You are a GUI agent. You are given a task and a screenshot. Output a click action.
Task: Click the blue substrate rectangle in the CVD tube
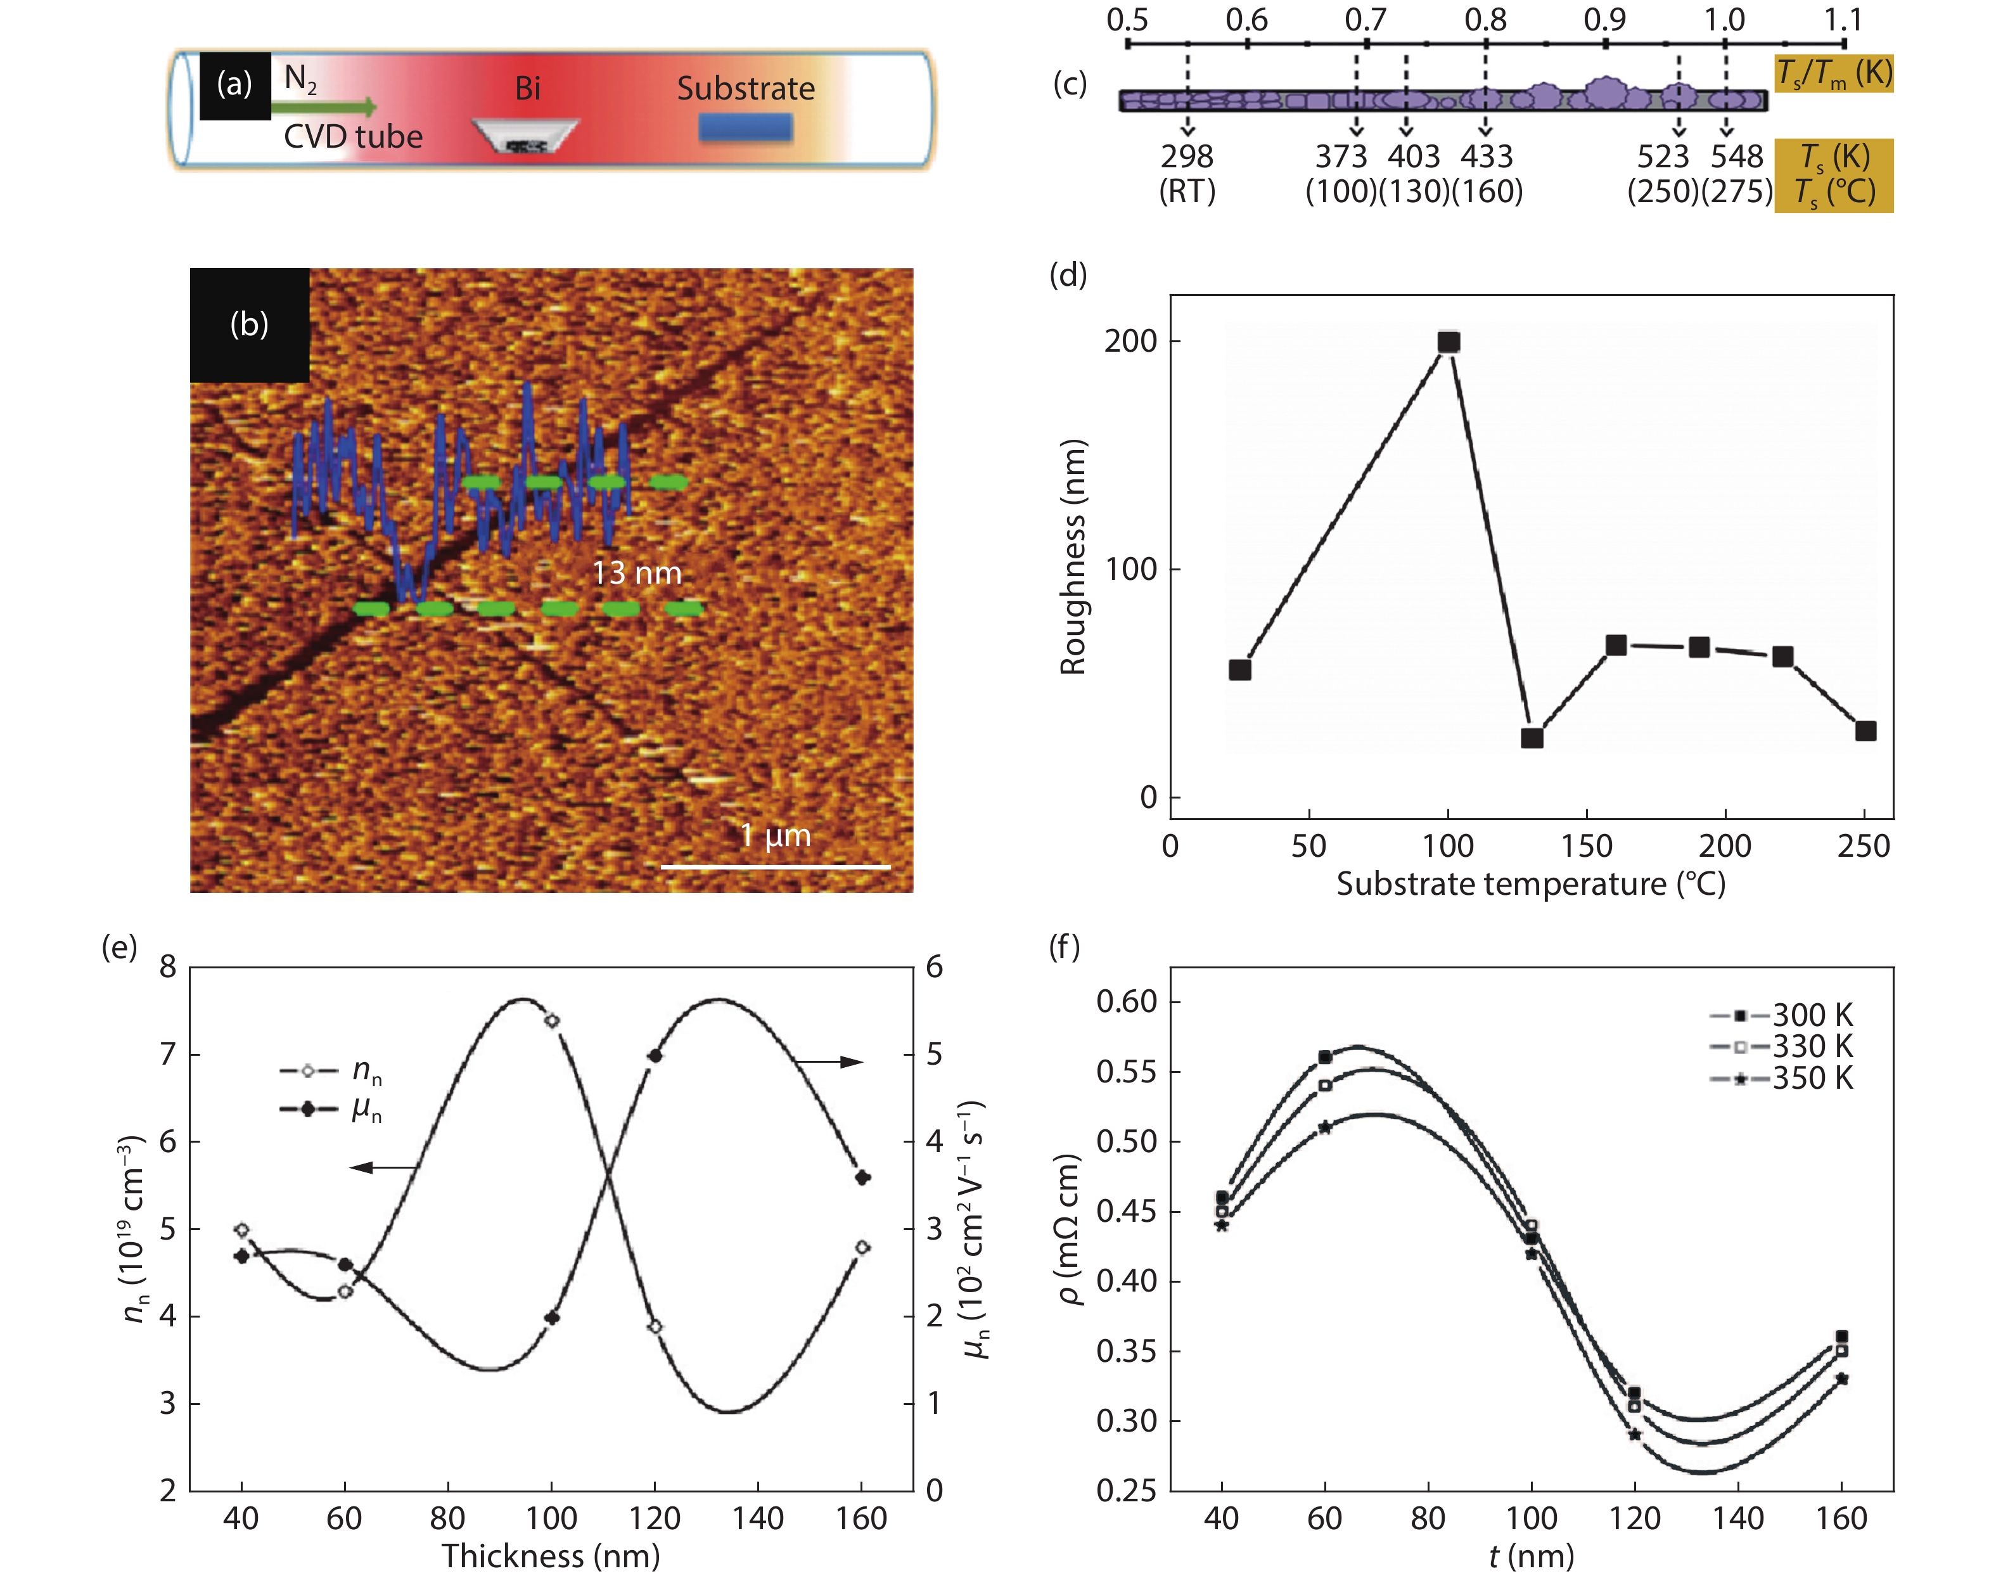point(745,127)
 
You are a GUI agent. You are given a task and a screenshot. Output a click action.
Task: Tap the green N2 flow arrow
point(323,107)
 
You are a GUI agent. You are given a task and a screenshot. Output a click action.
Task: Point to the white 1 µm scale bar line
point(776,866)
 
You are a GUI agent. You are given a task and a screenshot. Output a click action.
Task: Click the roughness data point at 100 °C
point(1449,342)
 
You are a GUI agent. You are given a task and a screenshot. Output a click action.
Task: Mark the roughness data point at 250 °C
point(1865,731)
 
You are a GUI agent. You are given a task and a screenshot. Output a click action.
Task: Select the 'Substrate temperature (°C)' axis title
point(1530,884)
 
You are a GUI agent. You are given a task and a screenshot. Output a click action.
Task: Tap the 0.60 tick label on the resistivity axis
point(1126,1001)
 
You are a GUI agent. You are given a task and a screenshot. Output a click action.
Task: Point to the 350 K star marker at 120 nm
point(1635,1435)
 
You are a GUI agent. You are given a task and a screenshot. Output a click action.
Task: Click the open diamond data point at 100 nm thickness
point(553,1021)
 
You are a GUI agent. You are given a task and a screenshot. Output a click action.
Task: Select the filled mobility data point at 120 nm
point(656,1056)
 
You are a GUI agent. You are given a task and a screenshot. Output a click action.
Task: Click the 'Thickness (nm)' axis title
point(551,1556)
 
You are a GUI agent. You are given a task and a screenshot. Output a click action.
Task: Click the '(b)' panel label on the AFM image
point(250,324)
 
